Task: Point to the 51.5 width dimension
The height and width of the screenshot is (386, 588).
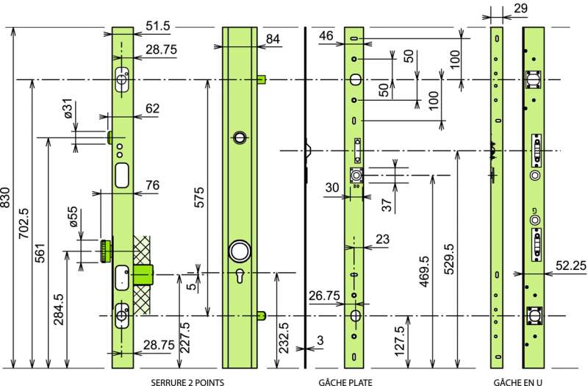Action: [157, 26]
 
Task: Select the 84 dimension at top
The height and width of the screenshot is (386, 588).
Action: [273, 38]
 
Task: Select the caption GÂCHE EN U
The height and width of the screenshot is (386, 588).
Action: [518, 381]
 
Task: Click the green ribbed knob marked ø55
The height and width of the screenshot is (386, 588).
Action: [107, 249]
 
